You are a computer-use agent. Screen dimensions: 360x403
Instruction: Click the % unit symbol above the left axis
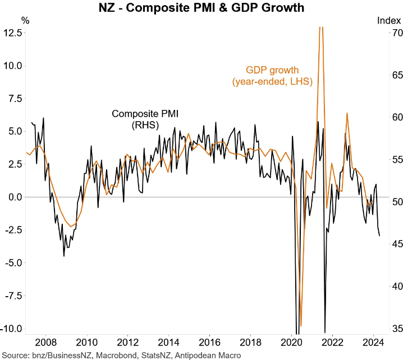pos(26,20)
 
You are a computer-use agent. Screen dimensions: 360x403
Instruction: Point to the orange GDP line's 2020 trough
pos(301,326)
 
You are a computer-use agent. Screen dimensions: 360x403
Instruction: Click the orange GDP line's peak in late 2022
pos(347,113)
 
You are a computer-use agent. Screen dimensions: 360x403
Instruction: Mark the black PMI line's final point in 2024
pos(379,236)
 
